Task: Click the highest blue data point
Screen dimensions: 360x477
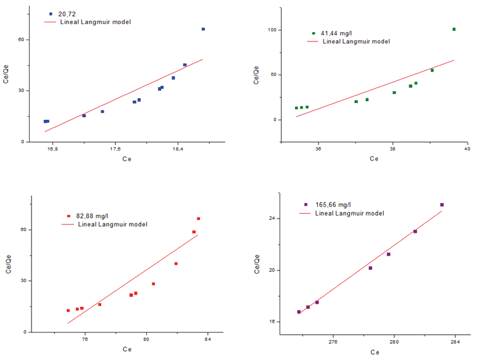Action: click(x=203, y=29)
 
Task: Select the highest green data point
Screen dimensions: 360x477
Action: click(x=454, y=29)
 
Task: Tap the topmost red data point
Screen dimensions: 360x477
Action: click(x=198, y=219)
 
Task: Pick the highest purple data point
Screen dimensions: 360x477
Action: click(x=442, y=204)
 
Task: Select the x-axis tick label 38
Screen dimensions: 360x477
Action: click(x=393, y=149)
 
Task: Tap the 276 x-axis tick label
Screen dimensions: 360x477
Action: click(x=333, y=341)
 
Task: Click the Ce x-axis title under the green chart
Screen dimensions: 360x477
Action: click(x=374, y=159)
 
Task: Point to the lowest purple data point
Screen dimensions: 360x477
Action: click(x=299, y=312)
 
